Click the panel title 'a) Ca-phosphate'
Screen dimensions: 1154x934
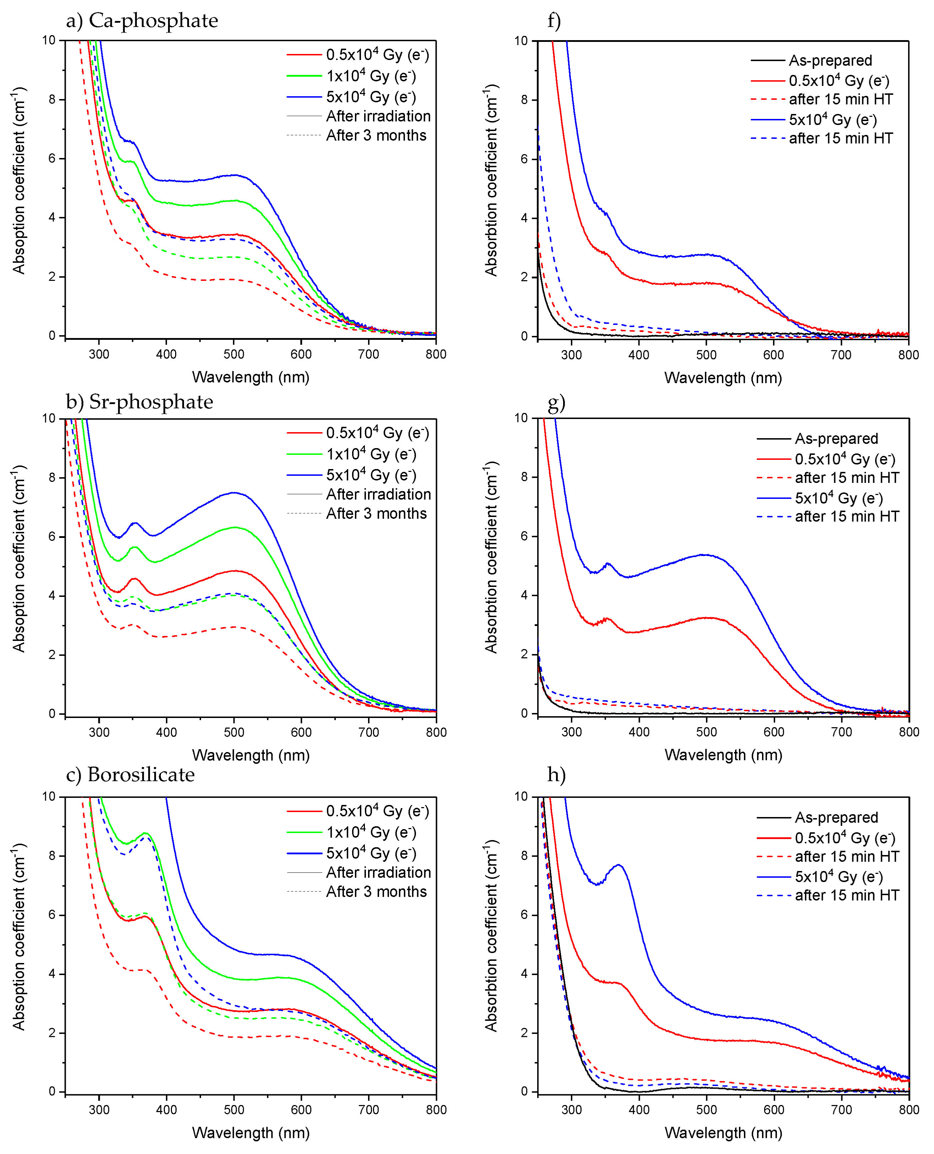142,21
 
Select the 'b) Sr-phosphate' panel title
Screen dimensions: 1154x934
139,402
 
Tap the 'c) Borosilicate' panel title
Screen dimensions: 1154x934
130,774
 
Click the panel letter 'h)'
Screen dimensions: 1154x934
556,774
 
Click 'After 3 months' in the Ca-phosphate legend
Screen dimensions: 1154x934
376,136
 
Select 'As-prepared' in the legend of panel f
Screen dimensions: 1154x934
830,61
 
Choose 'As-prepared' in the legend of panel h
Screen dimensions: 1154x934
836,817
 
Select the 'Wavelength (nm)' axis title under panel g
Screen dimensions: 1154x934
723,755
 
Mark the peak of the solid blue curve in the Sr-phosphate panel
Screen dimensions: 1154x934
233,492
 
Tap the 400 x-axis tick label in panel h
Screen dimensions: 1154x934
639,1110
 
